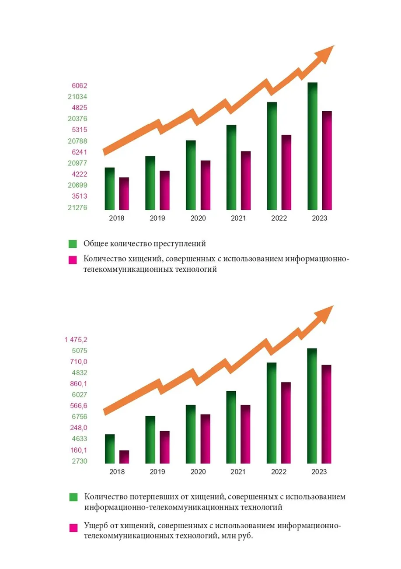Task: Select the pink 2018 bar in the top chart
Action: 124,194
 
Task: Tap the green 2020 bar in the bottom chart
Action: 191,434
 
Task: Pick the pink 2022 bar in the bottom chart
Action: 286,422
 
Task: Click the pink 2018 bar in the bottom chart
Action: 124,457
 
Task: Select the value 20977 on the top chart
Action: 77,163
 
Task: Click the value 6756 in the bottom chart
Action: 79,417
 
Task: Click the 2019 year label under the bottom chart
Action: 157,472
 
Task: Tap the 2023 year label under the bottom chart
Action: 318,472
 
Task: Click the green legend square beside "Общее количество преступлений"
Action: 73,243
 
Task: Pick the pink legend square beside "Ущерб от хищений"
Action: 73,528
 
